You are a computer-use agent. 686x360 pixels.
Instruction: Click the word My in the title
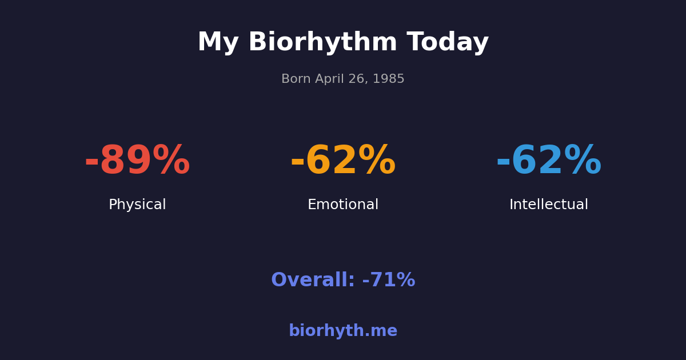pyautogui.click(x=218, y=43)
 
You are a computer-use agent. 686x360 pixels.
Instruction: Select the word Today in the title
pyautogui.click(x=448, y=43)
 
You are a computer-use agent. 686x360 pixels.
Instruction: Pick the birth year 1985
pyautogui.click(x=389, y=79)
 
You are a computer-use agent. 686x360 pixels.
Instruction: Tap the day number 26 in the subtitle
pyautogui.click(x=358, y=79)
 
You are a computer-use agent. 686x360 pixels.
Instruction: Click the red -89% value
pyautogui.click(x=137, y=161)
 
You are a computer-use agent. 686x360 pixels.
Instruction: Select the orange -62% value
pyautogui.click(x=343, y=161)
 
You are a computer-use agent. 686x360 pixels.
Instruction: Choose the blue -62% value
pyautogui.click(x=549, y=161)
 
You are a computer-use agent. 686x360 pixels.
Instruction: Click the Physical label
pyautogui.click(x=137, y=205)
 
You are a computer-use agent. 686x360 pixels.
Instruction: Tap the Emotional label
pyautogui.click(x=343, y=205)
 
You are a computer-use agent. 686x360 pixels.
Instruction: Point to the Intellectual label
pyautogui.click(x=549, y=205)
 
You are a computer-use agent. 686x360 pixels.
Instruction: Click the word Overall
pyautogui.click(x=313, y=281)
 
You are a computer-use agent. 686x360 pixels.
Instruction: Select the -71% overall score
pyautogui.click(x=389, y=281)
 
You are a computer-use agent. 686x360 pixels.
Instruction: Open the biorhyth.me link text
pyautogui.click(x=343, y=331)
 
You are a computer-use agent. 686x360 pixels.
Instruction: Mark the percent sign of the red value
pyautogui.click(x=171, y=161)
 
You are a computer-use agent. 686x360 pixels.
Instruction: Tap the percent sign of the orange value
pyautogui.click(x=377, y=161)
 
